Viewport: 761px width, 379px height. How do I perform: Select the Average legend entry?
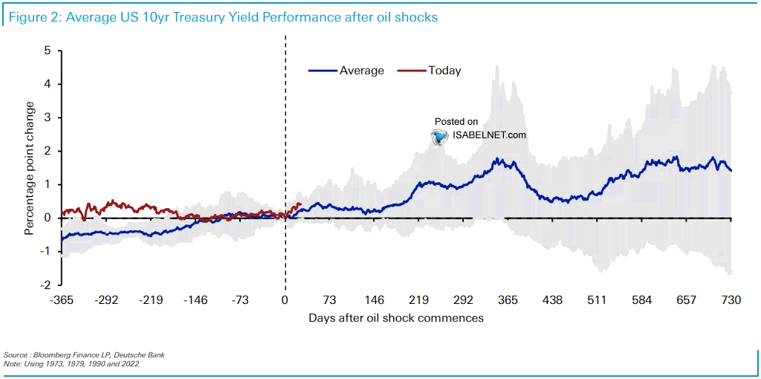(x=361, y=71)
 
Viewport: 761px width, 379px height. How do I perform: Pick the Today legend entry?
(x=444, y=71)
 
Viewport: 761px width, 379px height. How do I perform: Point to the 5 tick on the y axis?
(x=47, y=51)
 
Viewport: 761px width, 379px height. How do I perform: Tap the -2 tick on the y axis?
(x=45, y=285)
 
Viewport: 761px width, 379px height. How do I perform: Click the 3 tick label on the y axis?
(x=47, y=118)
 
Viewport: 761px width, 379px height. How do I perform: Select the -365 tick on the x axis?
(x=62, y=300)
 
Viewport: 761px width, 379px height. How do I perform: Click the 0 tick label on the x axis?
(x=285, y=300)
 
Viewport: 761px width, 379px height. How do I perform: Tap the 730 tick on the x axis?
(x=731, y=300)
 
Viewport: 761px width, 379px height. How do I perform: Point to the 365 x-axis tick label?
(x=508, y=300)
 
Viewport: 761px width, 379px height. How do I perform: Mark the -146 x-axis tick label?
(x=196, y=300)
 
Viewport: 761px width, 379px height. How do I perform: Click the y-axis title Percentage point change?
(x=29, y=168)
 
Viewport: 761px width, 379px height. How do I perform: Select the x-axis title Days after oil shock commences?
(x=396, y=318)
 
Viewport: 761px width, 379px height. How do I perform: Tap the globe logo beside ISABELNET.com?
(x=440, y=136)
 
